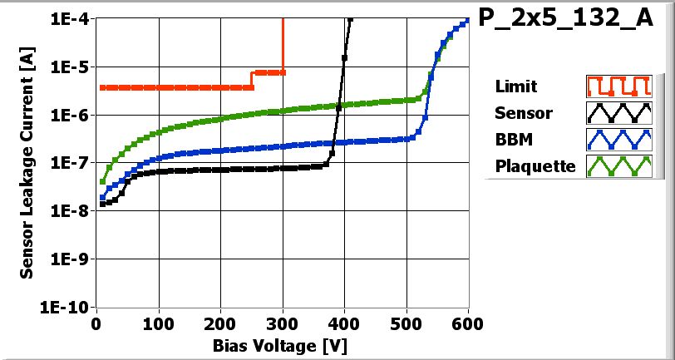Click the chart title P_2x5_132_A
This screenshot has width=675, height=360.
(564, 19)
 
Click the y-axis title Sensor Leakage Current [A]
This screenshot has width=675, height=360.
(27, 163)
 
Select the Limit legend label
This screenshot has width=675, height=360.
(515, 86)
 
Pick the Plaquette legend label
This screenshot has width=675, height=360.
(535, 165)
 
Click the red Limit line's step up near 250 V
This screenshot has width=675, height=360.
(252, 79)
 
